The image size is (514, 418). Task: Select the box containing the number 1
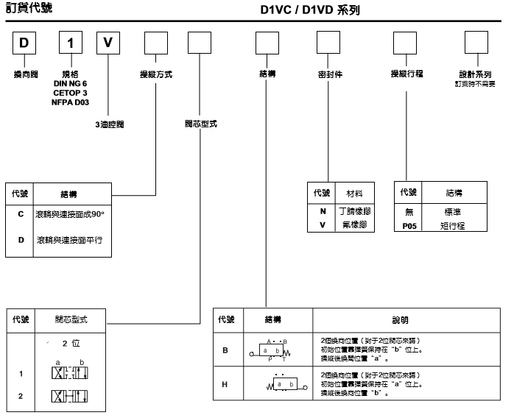tap(70, 43)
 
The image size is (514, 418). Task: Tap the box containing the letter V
tap(108, 43)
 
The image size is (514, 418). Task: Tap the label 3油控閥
tap(109, 124)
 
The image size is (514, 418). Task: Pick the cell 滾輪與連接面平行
tap(69, 240)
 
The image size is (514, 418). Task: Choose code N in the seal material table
tap(322, 211)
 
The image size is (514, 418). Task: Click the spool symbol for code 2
tap(69, 396)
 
